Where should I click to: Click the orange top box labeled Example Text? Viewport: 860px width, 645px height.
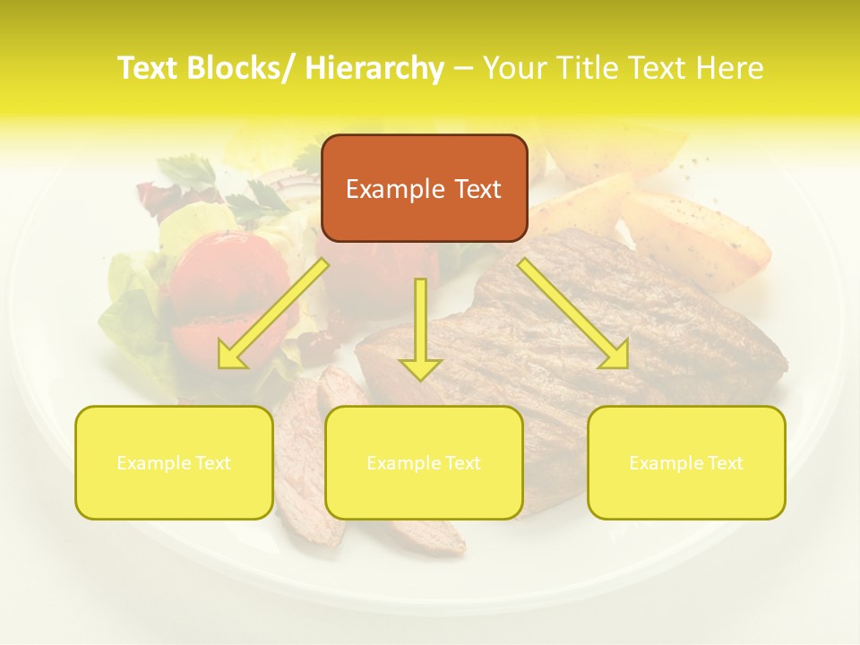click(424, 188)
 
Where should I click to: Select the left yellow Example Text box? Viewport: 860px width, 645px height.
click(174, 462)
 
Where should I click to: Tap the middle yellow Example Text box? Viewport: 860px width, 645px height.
click(424, 462)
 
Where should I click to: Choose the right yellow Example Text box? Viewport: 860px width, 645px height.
click(686, 462)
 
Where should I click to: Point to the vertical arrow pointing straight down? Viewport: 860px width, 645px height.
click(420, 328)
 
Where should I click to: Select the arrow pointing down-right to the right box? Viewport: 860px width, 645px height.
click(573, 314)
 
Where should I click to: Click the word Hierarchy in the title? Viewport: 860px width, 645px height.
click(374, 68)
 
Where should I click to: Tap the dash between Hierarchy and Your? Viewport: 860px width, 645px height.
click(463, 68)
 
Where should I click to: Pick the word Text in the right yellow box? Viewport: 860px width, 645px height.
click(725, 462)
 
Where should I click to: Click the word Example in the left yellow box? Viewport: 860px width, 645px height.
click(149, 462)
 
